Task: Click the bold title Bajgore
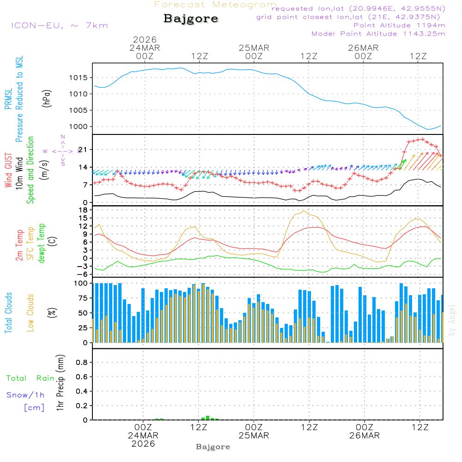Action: [x=191, y=19]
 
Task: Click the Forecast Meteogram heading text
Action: [x=215, y=5]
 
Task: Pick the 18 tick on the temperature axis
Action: [x=83, y=210]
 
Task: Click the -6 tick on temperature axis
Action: [x=83, y=274]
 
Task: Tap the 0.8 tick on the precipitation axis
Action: [x=82, y=363]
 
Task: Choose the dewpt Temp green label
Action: [x=42, y=243]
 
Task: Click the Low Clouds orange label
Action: [x=30, y=313]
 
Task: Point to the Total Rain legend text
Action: [x=30, y=378]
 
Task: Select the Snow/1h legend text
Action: [x=25, y=395]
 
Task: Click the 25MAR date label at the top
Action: [x=254, y=48]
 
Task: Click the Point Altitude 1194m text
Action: [x=399, y=25]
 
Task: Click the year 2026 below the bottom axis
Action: [x=143, y=444]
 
